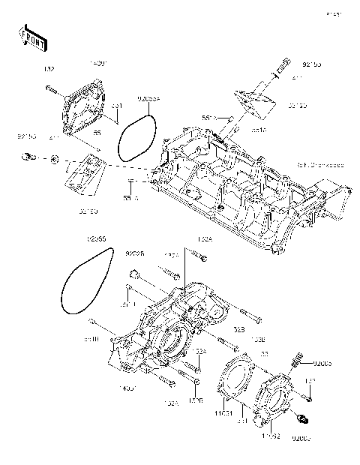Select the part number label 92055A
click(148, 97)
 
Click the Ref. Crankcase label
click(321, 165)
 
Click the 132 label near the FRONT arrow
click(49, 69)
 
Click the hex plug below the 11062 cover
click(303, 418)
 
